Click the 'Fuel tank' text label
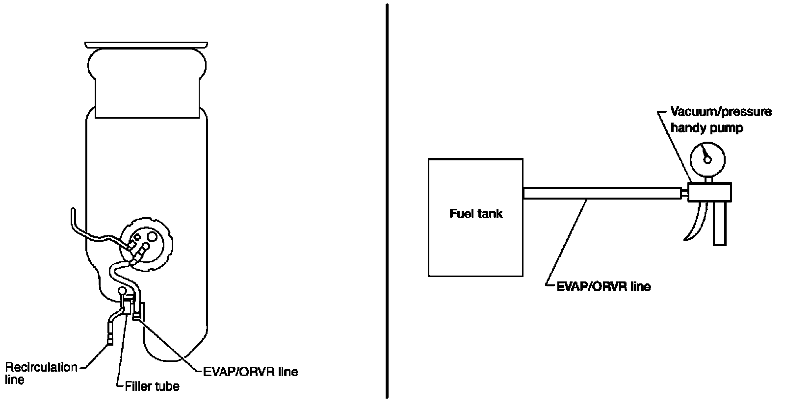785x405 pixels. [475, 214]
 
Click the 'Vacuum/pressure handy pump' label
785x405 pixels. [720, 120]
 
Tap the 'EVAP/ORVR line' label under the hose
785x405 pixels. [603, 286]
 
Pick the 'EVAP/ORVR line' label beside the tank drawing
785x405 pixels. [250, 371]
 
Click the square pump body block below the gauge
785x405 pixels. [709, 192]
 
